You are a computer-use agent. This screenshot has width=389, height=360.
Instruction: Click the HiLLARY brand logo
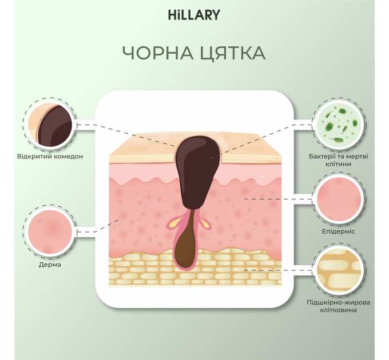[x=194, y=15]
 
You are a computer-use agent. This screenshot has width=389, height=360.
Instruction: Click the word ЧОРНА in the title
[x=158, y=53]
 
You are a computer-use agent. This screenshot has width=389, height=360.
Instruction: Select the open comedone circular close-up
[x=50, y=125]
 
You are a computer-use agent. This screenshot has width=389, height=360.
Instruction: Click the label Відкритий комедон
[x=50, y=157]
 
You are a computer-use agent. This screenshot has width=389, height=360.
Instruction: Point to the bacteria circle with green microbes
[x=339, y=125]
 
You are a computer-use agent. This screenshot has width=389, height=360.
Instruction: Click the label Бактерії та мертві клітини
[x=339, y=160]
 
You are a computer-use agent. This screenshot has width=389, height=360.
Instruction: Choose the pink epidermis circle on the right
[x=339, y=199]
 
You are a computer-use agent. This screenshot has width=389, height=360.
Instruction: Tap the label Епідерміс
[x=339, y=231]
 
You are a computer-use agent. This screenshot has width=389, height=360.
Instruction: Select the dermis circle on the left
[x=50, y=232]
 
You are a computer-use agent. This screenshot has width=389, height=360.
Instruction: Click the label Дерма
[x=50, y=265]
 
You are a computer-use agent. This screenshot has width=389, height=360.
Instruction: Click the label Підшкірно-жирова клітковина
[x=339, y=306]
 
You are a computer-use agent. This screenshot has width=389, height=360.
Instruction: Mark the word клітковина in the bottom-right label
[x=339, y=310]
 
